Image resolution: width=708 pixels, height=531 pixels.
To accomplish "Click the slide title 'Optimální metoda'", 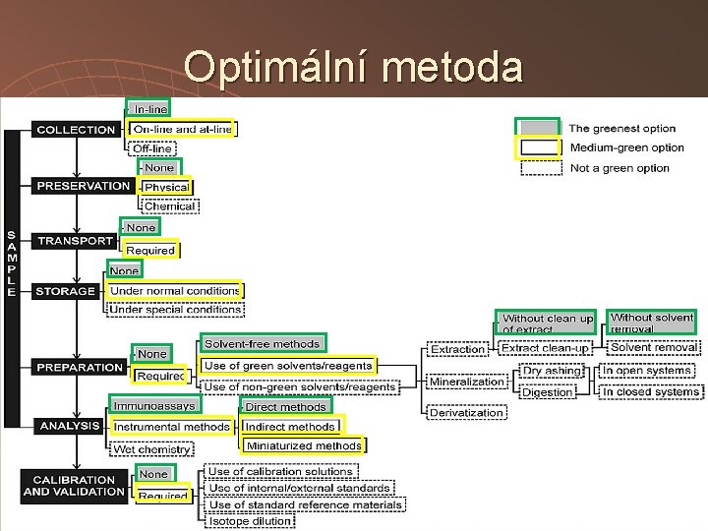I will pyautogui.click(x=353, y=67).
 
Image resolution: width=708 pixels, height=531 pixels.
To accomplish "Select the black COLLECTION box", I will pyautogui.click(x=76, y=129).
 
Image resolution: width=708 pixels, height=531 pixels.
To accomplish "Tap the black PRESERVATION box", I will pyautogui.click(x=83, y=185).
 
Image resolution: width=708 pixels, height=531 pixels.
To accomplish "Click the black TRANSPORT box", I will pyautogui.click(x=75, y=240).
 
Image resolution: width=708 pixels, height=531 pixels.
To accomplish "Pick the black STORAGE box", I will pyautogui.click(x=65, y=291).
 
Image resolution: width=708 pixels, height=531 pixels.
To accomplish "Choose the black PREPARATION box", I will pyautogui.click(x=80, y=367).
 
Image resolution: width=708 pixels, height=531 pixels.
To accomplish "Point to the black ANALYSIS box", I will pyautogui.click(x=69, y=426).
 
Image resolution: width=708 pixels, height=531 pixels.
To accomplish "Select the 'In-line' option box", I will pyautogui.click(x=148, y=108).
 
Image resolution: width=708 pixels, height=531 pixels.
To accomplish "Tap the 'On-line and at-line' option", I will pyautogui.click(x=182, y=129).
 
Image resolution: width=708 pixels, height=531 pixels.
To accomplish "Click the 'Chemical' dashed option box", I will pyautogui.click(x=170, y=206).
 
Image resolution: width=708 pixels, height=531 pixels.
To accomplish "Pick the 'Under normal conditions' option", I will pyautogui.click(x=175, y=291).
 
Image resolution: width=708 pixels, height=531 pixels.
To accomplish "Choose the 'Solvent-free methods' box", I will pyautogui.click(x=262, y=344).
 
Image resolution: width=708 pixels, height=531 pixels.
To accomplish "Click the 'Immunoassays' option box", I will pyautogui.click(x=154, y=405).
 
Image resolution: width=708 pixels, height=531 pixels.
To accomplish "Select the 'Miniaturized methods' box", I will pyautogui.click(x=303, y=445).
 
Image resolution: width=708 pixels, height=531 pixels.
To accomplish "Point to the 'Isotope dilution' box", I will pyautogui.click(x=250, y=521).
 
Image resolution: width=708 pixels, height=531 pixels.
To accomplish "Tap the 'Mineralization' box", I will pyautogui.click(x=466, y=382).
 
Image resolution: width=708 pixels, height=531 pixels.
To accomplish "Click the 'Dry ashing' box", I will pyautogui.click(x=552, y=372).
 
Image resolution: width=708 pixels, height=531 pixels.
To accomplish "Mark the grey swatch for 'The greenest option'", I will pyautogui.click(x=538, y=128).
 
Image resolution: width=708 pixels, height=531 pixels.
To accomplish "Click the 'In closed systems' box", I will pyautogui.click(x=651, y=391).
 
